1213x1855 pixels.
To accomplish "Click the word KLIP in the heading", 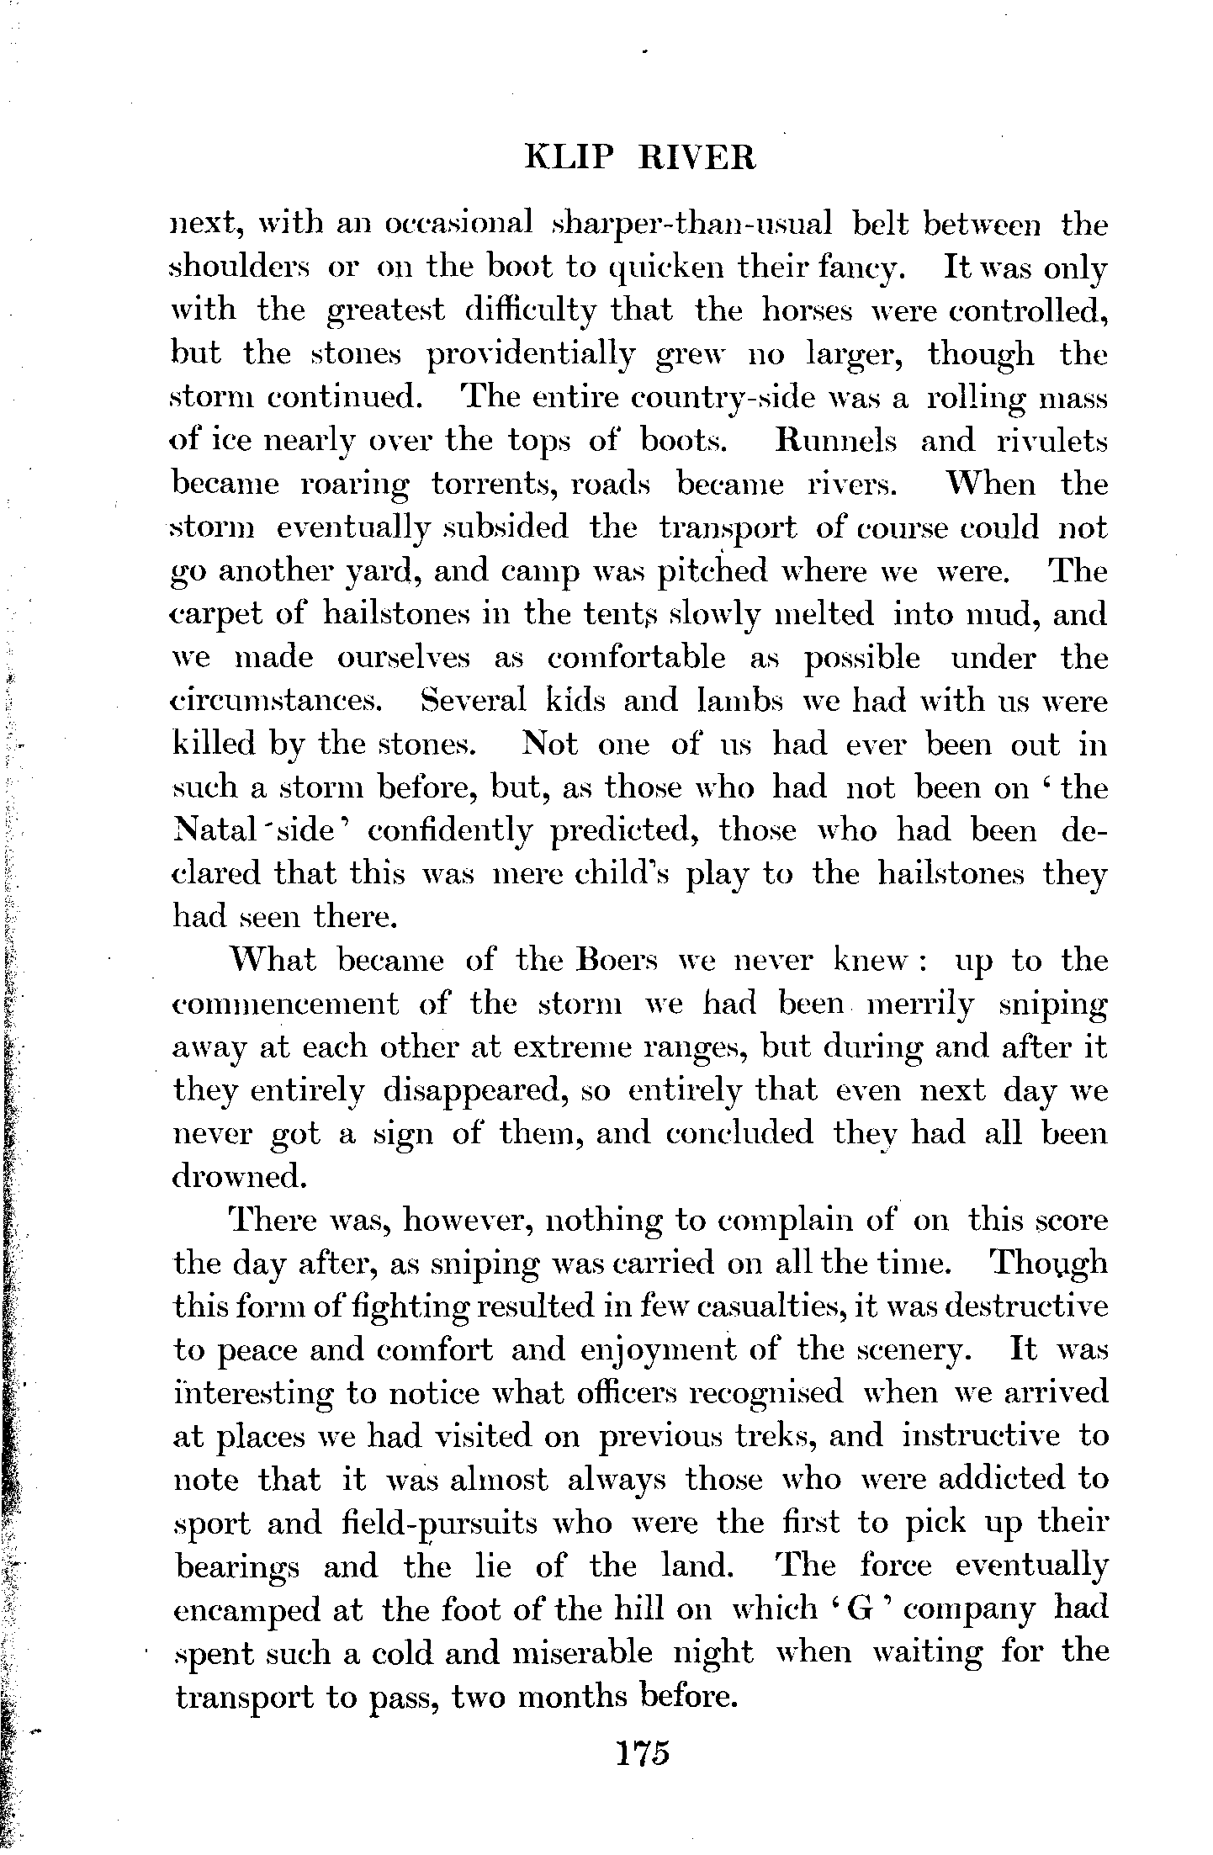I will click(x=563, y=157).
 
